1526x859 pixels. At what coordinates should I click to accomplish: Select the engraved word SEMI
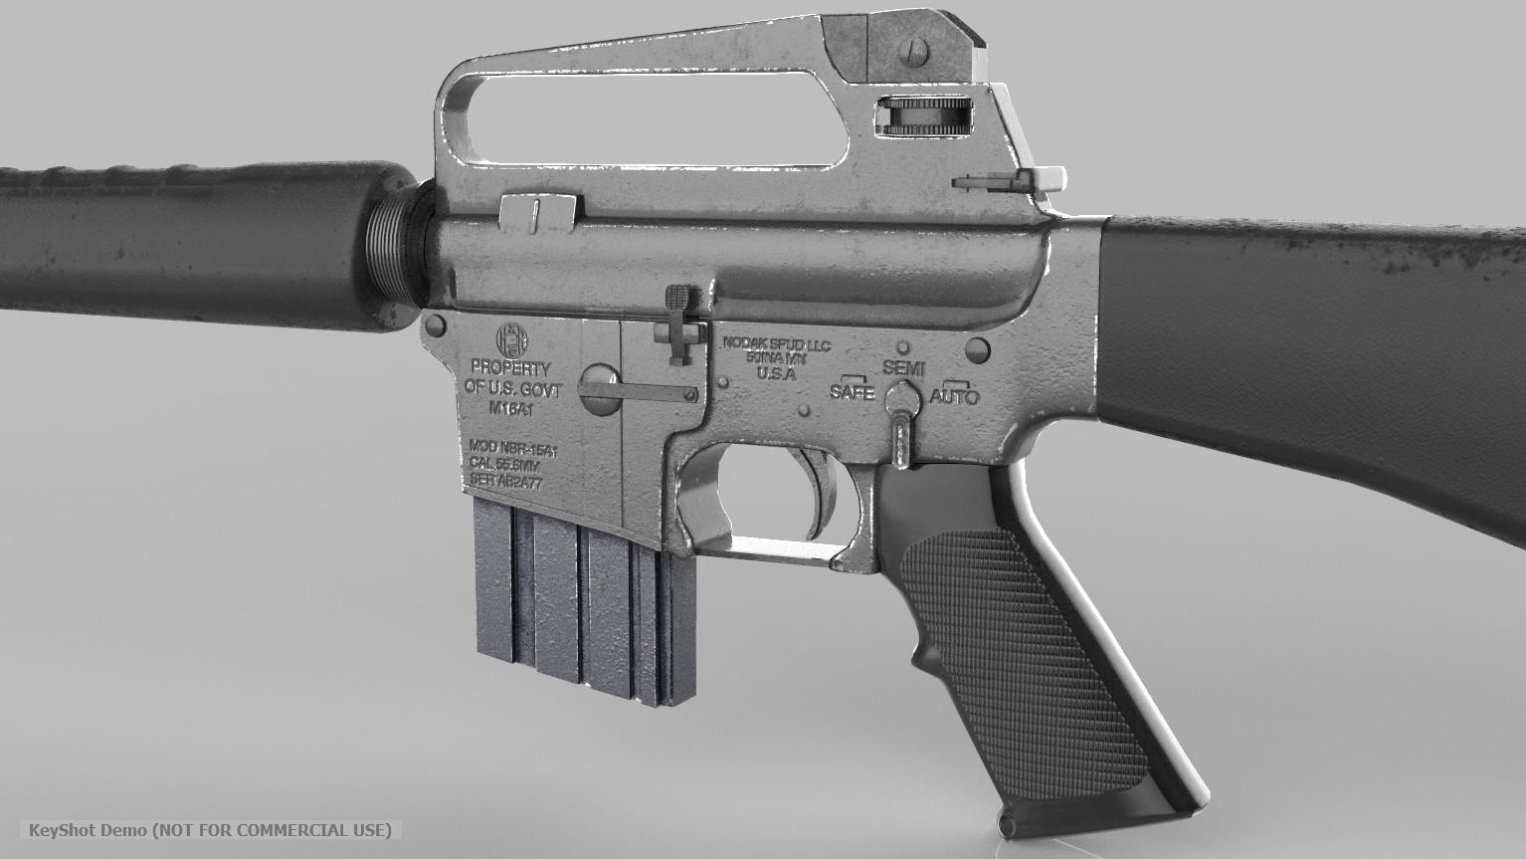coord(903,368)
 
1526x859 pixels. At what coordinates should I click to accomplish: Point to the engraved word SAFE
coord(853,392)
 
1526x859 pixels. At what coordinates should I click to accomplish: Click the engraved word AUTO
coord(954,397)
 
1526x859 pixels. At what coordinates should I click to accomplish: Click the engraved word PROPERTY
coord(509,368)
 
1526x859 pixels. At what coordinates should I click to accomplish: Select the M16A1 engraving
coord(510,409)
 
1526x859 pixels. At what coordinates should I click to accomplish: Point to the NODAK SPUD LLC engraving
coord(776,344)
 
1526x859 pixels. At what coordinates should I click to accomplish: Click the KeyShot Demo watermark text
coord(210,830)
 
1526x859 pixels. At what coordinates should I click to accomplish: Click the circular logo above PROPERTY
coord(509,338)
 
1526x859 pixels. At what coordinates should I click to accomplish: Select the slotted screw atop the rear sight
coord(915,49)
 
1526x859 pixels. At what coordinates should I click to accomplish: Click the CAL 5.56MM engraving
coord(507,465)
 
